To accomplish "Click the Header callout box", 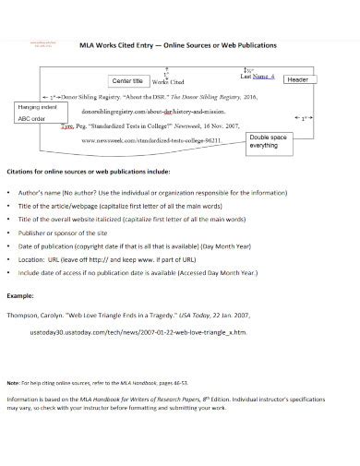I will pos(297,80).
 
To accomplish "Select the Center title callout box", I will pos(126,81).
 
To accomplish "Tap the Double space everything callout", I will pos(270,140).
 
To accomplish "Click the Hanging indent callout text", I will pos(38,108).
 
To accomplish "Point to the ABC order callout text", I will pos(33,118).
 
